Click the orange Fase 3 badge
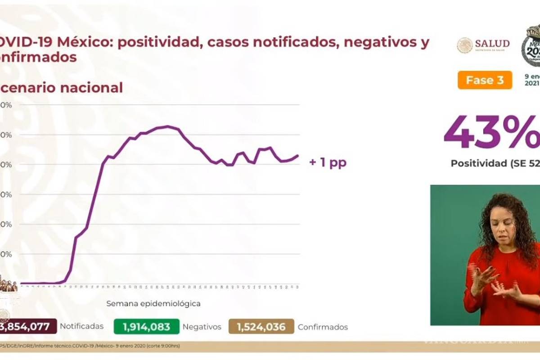pyautogui.click(x=485, y=80)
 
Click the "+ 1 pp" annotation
pyautogui.click(x=328, y=162)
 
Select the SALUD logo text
pyautogui.click(x=492, y=44)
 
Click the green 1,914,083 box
pyautogui.click(x=147, y=327)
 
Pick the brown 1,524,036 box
pyautogui.click(x=261, y=327)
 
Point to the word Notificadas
pyautogui.click(x=81, y=327)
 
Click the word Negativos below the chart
pyautogui.click(x=202, y=327)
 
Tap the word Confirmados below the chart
pyautogui.click(x=323, y=327)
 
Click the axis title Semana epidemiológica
pyautogui.click(x=153, y=304)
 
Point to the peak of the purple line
pyautogui.click(x=167, y=126)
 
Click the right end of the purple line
pyautogui.click(x=298, y=156)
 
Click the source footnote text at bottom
pyautogui.click(x=90, y=346)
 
